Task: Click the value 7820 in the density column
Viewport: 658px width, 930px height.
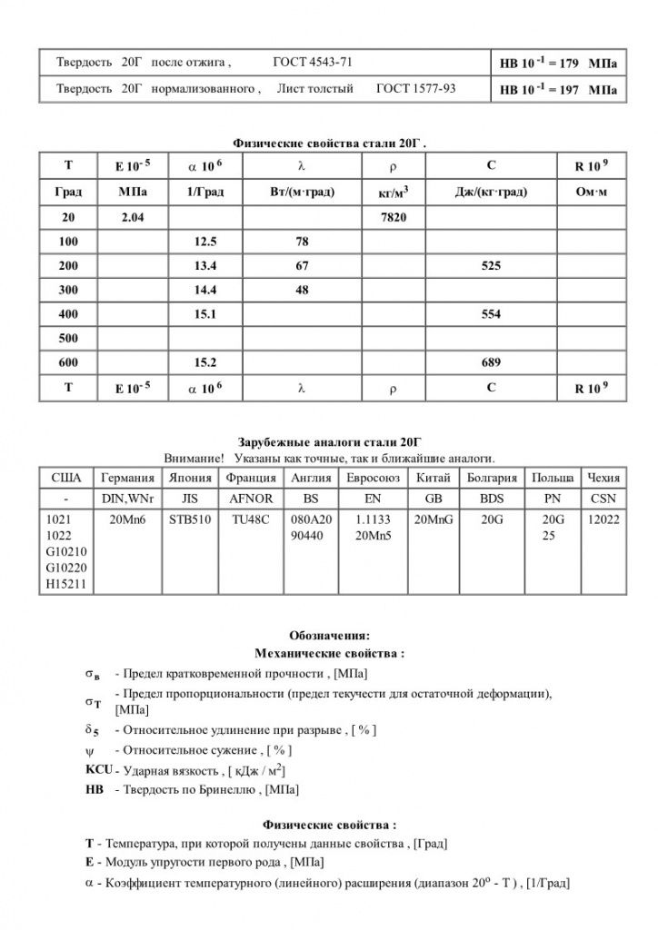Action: pyautogui.click(x=393, y=218)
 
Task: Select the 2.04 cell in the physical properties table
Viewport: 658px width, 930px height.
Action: pyautogui.click(x=132, y=218)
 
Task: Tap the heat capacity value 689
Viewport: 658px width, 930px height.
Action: pyautogui.click(x=491, y=362)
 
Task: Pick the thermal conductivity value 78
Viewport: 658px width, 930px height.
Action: pyautogui.click(x=302, y=242)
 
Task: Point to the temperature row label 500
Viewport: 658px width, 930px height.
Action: pyautogui.click(x=68, y=338)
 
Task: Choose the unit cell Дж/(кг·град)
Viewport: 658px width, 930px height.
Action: pyautogui.click(x=491, y=193)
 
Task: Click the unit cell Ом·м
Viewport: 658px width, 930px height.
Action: pyautogui.click(x=591, y=193)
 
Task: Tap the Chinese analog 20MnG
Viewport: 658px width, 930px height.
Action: pyautogui.click(x=433, y=520)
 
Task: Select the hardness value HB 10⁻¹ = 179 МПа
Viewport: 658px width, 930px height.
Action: pyautogui.click(x=557, y=64)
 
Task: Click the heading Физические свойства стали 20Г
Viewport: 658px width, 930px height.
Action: pyautogui.click(x=329, y=143)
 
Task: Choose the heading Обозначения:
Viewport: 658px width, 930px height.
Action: pyautogui.click(x=329, y=635)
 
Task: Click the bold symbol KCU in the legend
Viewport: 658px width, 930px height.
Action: pyautogui.click(x=98, y=770)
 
